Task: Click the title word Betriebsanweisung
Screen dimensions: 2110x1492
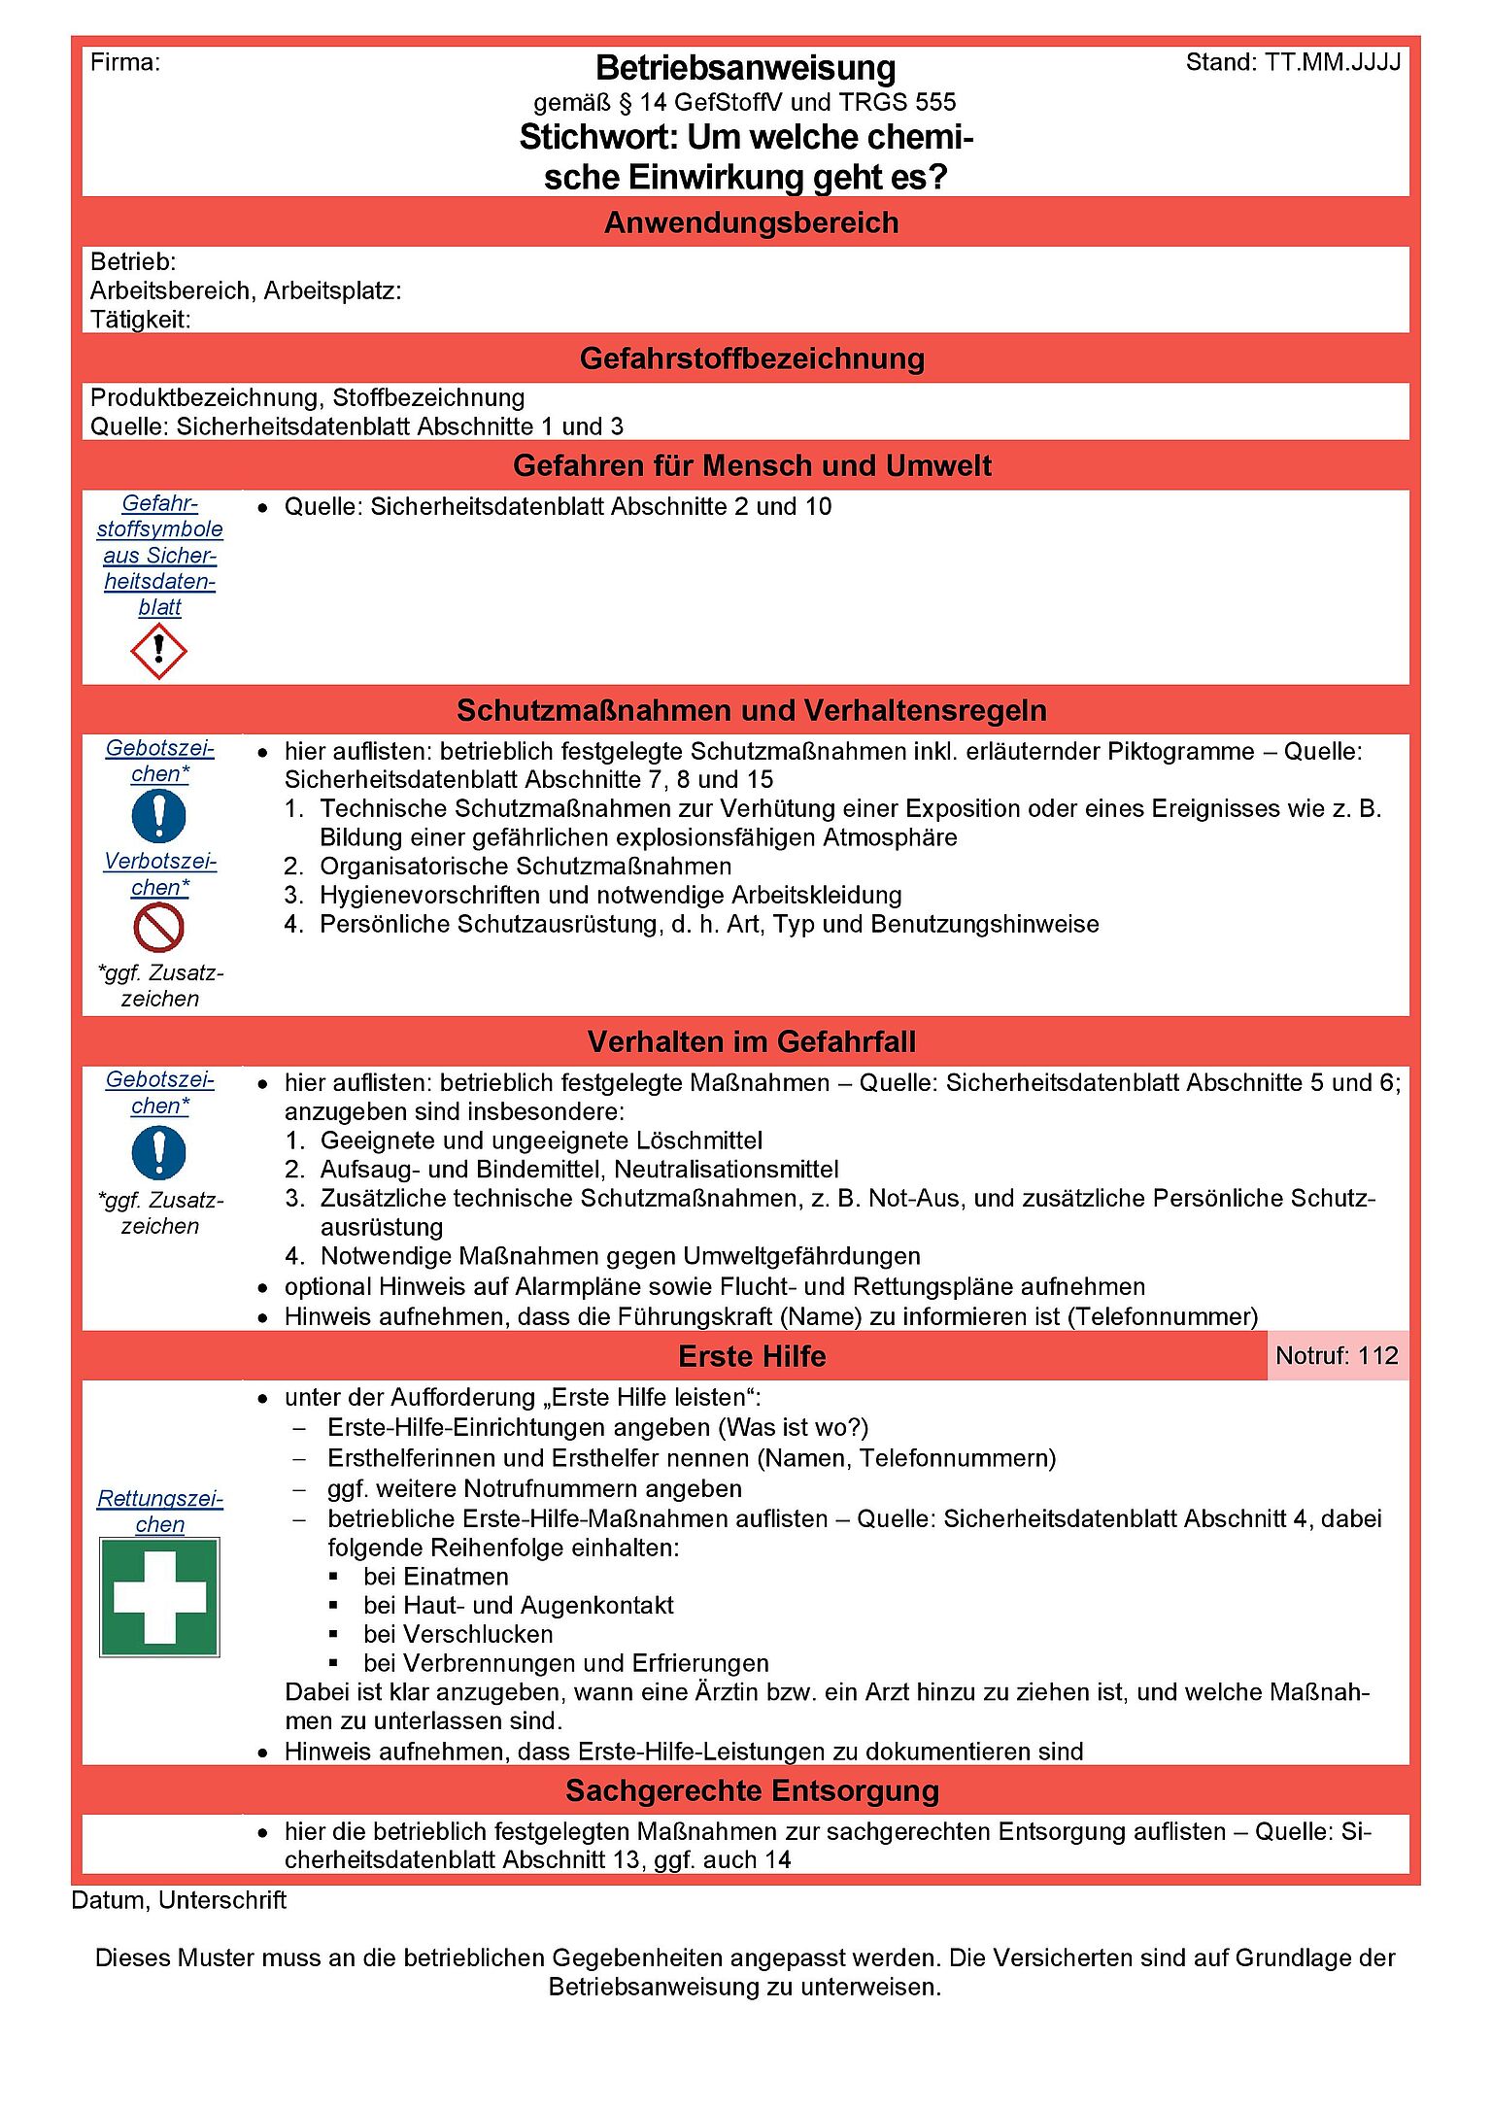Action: [745, 68]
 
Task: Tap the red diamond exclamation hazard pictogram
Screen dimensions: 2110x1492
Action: [158, 651]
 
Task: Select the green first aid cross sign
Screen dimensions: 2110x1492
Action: [159, 1597]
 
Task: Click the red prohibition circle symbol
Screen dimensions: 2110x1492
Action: [158, 928]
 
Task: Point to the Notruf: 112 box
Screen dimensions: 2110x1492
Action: [1337, 1355]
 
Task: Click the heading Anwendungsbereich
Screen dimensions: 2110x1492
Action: [751, 222]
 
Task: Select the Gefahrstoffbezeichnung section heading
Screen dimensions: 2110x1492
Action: [751, 358]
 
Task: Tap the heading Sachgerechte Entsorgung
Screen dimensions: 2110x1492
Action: [752, 1790]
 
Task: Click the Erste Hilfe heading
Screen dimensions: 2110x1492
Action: [752, 1356]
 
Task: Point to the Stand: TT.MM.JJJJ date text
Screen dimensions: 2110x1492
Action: [1293, 62]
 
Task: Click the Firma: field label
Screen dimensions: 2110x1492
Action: [125, 62]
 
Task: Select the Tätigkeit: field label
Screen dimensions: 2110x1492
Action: [140, 320]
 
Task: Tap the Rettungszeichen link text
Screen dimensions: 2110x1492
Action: [160, 1512]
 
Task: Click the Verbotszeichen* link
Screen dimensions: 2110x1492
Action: [160, 874]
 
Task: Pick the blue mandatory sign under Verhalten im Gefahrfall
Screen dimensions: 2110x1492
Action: [158, 1152]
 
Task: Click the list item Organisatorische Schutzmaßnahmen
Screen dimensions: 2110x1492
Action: [526, 866]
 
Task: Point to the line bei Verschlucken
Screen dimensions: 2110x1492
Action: [458, 1634]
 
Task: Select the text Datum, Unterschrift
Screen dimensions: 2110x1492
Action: [179, 1900]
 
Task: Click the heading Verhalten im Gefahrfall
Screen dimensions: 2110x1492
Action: [751, 1042]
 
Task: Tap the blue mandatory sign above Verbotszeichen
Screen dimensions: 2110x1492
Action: [158, 815]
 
